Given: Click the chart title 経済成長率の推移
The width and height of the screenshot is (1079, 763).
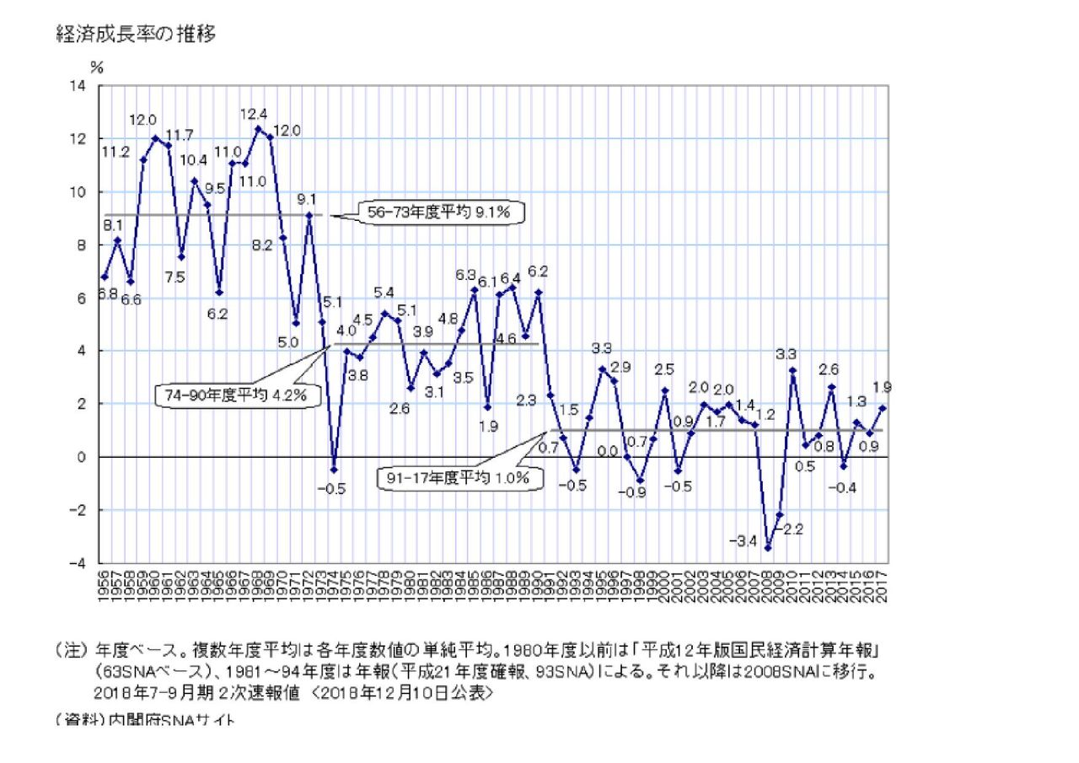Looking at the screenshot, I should (x=136, y=35).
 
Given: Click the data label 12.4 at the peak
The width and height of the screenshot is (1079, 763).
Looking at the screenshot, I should (x=254, y=114).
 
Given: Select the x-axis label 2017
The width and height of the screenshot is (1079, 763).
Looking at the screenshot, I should (x=883, y=585).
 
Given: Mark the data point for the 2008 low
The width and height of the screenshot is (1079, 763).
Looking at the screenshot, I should (x=767, y=548).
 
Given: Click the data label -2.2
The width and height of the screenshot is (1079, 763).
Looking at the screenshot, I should (x=790, y=529).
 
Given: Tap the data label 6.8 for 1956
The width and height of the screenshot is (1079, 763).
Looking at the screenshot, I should (x=107, y=294).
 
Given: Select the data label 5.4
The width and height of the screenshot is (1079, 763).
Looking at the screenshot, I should (x=384, y=293).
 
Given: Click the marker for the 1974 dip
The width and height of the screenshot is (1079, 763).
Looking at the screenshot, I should (x=334, y=470).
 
